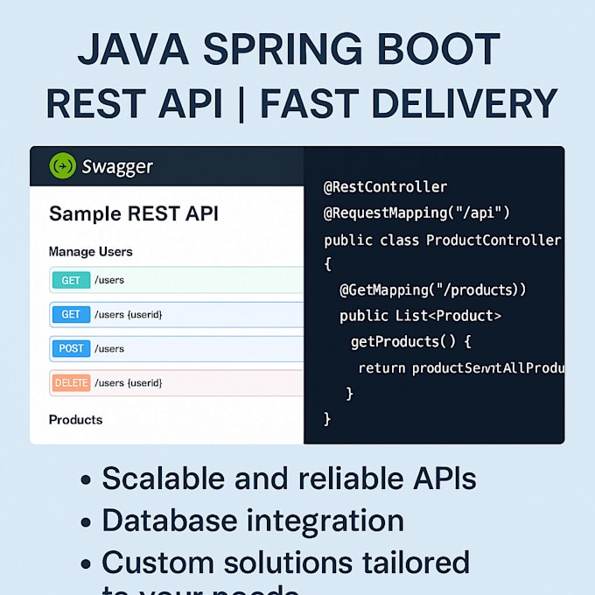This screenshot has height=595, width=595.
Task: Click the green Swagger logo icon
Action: tap(63, 164)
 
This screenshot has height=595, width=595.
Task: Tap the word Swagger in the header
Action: tap(117, 165)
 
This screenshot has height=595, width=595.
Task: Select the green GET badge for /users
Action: tap(71, 281)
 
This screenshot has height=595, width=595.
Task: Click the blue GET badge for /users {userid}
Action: tap(71, 314)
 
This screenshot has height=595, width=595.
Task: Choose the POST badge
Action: tap(71, 348)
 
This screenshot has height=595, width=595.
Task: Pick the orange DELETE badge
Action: tap(71, 382)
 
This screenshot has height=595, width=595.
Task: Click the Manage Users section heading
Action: tap(91, 252)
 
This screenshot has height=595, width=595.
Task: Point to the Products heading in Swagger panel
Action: tap(75, 420)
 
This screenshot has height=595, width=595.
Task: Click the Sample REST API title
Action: tap(134, 213)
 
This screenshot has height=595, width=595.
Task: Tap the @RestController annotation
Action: tap(385, 187)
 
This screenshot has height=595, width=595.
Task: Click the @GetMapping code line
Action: tap(432, 290)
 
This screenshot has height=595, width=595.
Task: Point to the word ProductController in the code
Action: tap(493, 239)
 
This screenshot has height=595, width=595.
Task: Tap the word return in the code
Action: tap(381, 367)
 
